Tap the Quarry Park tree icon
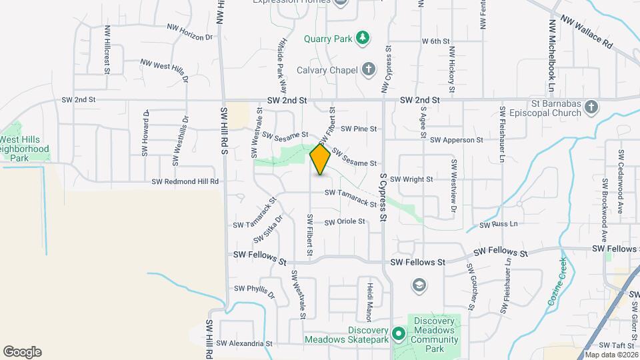[362, 38]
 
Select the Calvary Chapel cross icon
[368, 69]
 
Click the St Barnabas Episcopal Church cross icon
[591, 109]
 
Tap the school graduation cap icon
[419, 286]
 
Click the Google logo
[22, 352]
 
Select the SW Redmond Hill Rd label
[185, 181]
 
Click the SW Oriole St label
[345, 221]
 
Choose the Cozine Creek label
[557, 281]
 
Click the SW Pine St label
[359, 129]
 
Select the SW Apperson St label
[456, 140]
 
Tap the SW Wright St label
[411, 179]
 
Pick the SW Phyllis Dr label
[254, 291]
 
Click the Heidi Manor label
[367, 300]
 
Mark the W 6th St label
[437, 41]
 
